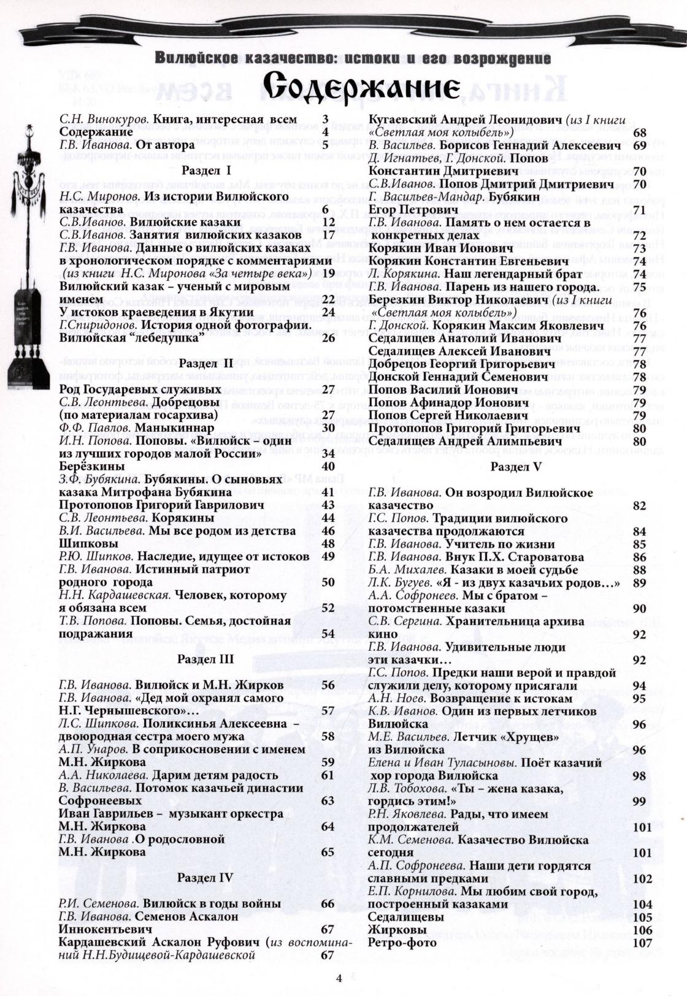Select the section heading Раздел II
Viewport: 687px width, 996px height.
pyautogui.click(x=205, y=364)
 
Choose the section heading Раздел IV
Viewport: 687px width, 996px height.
pyautogui.click(x=205, y=878)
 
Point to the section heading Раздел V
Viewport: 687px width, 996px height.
pyautogui.click(x=516, y=467)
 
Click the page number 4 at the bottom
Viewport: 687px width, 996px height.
pyautogui.click(x=338, y=978)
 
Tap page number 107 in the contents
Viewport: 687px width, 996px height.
pyautogui.click(x=642, y=943)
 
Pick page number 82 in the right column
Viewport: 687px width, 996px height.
pyautogui.click(x=639, y=506)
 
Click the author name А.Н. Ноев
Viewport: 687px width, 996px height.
pyautogui.click(x=397, y=699)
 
